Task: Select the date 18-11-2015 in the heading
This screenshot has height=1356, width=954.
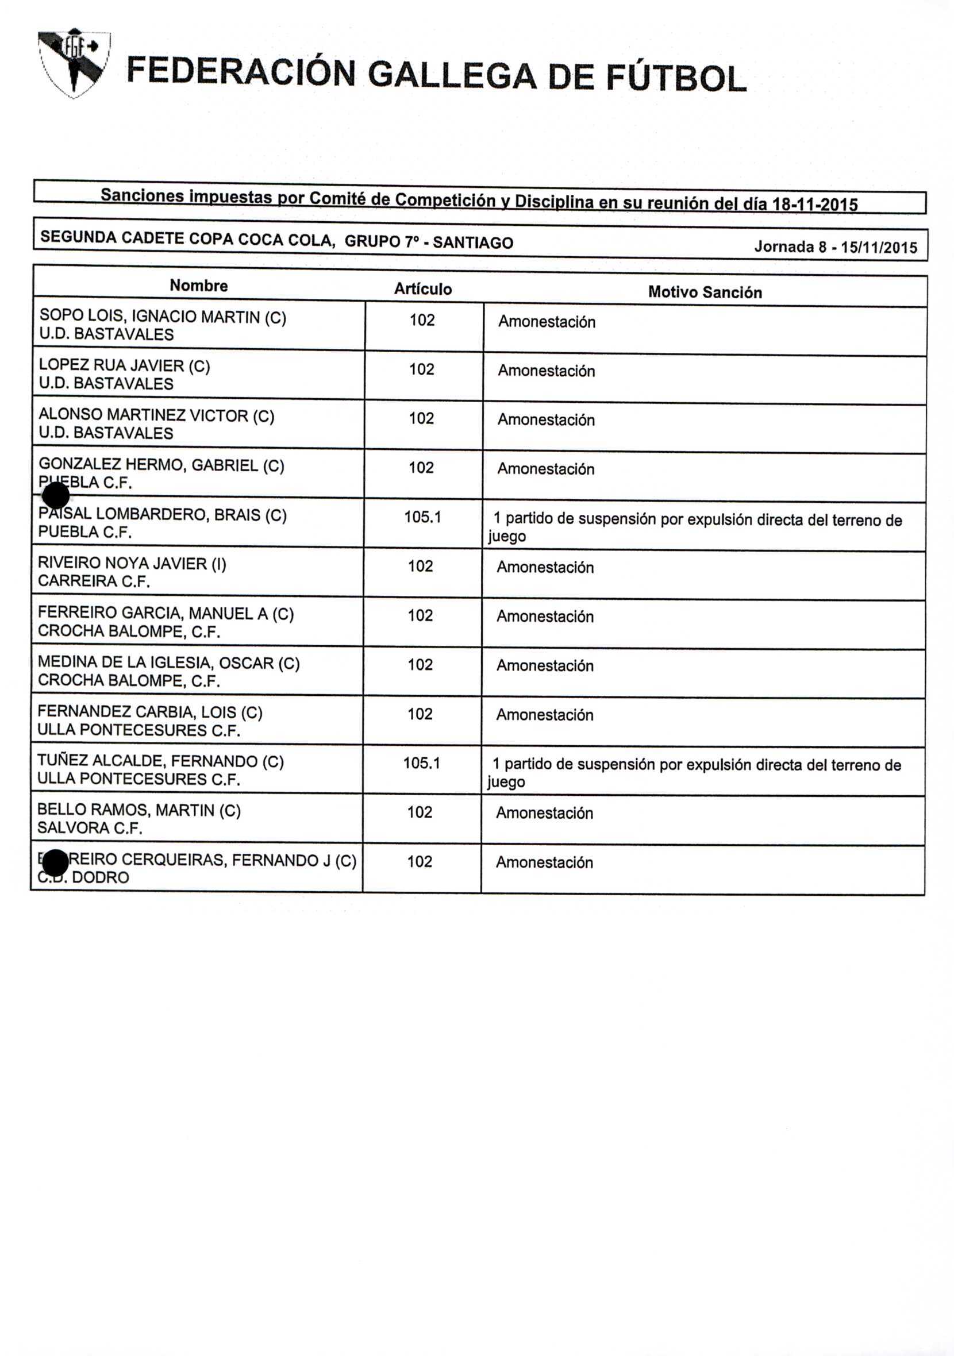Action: click(814, 205)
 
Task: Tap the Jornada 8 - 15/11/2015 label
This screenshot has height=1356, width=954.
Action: click(835, 247)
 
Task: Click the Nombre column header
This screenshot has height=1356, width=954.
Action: click(198, 286)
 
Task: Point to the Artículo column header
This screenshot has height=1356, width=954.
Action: click(423, 289)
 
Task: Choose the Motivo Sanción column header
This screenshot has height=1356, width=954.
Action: click(705, 292)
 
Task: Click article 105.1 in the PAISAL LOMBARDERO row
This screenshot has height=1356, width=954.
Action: click(422, 517)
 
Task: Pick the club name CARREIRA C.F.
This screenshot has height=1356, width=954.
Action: click(94, 581)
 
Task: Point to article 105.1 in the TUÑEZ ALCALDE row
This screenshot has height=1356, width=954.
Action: click(422, 763)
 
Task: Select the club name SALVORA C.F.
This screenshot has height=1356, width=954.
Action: click(90, 828)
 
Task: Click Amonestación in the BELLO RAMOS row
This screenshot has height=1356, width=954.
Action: click(544, 813)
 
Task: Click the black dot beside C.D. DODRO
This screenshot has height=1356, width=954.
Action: click(55, 863)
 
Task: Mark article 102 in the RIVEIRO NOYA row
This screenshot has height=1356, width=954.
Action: click(420, 567)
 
